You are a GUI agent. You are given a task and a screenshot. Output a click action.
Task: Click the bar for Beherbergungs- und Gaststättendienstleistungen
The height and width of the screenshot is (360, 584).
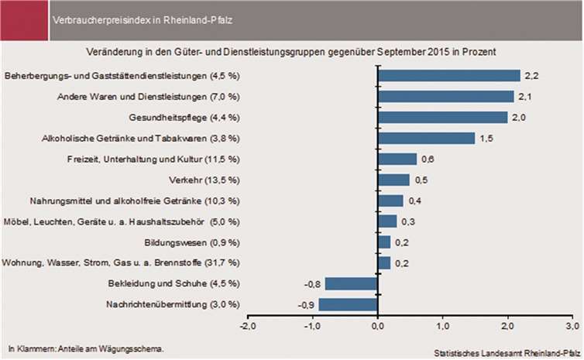pyautogui.click(x=448, y=75)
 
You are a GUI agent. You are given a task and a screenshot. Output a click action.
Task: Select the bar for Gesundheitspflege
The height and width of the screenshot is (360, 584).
pyautogui.click(x=441, y=117)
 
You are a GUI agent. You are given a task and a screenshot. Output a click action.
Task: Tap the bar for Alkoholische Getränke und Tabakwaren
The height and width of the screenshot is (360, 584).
pyautogui.click(x=425, y=138)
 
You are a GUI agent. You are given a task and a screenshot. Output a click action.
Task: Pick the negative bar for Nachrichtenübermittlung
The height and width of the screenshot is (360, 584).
pyautogui.click(x=347, y=304)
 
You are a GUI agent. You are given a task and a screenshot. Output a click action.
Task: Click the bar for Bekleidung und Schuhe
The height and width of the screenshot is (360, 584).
pyautogui.click(x=350, y=283)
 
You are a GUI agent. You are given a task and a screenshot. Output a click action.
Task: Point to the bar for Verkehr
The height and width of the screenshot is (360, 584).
pyautogui.click(x=393, y=180)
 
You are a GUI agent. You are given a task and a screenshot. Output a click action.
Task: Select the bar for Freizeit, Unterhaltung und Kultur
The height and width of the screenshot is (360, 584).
pyautogui.click(x=396, y=159)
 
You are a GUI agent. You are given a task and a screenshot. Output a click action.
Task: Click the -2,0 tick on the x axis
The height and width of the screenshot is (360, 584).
pyautogui.click(x=247, y=327)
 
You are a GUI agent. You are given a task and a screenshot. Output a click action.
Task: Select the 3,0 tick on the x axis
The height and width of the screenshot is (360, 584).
pyautogui.click(x=572, y=327)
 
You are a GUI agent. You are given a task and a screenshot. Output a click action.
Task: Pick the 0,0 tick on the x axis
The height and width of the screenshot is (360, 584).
pyautogui.click(x=376, y=327)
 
